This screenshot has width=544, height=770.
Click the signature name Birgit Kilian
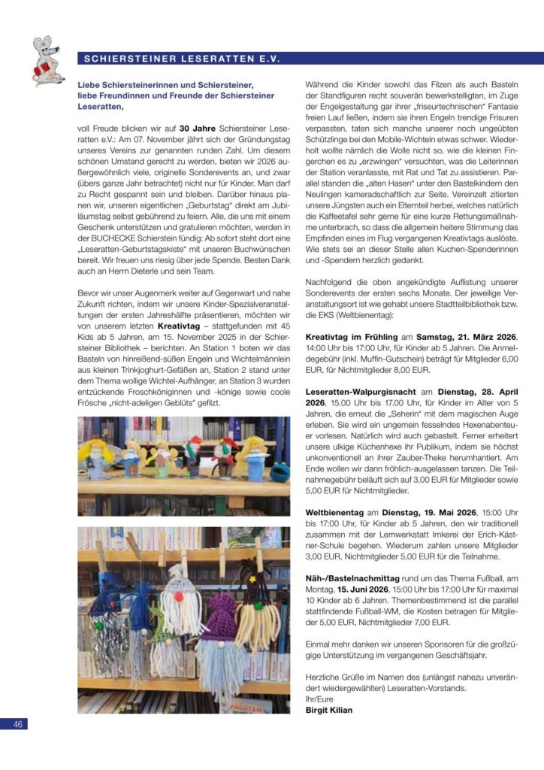[328, 709]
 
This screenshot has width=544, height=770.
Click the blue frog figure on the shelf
[279, 472]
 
